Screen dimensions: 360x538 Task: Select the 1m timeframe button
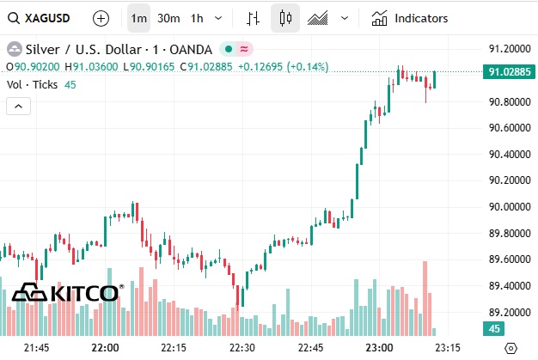(x=138, y=17)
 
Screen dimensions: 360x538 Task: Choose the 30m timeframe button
(x=168, y=17)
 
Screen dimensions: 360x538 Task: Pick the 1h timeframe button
(x=197, y=17)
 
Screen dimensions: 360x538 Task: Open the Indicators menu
(x=410, y=17)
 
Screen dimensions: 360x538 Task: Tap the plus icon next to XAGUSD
(x=101, y=17)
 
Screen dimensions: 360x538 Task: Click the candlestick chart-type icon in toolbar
(x=286, y=17)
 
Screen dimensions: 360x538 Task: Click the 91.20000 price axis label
(x=506, y=48)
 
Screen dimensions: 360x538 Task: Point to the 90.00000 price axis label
(x=506, y=207)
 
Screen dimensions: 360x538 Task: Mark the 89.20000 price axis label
(x=506, y=313)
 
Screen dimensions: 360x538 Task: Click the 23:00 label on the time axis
(x=380, y=347)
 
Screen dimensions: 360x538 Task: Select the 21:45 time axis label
(x=36, y=347)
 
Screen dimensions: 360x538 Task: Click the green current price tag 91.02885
(x=506, y=72)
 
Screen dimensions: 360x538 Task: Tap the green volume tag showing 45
(x=495, y=328)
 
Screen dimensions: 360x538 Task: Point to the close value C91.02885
(x=206, y=66)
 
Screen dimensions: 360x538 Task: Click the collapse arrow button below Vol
(x=18, y=106)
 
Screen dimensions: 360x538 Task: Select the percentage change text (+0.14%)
(x=308, y=66)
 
